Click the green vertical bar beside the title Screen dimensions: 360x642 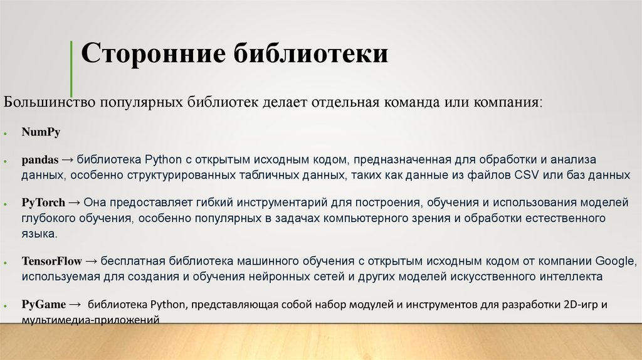(71, 68)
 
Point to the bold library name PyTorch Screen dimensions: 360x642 (43, 203)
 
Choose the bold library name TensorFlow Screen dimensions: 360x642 (50, 261)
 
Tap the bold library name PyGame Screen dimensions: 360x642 (43, 305)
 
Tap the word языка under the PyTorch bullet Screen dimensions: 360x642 (39, 233)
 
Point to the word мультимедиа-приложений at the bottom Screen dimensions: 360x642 (90, 319)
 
